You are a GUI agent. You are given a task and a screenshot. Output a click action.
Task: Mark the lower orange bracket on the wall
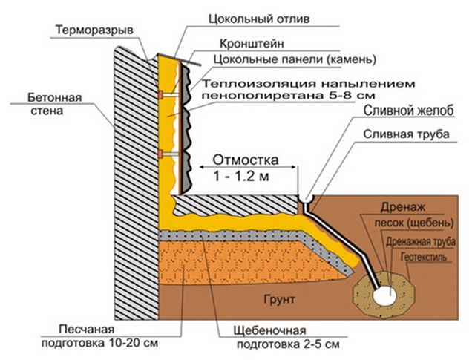click(160, 154)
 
